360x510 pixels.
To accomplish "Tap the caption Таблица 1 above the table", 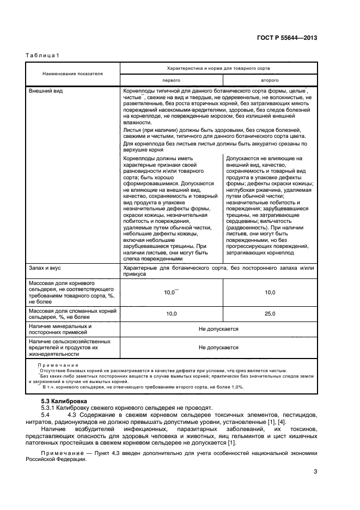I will [42, 55].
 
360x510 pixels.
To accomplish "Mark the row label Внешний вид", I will [45, 90].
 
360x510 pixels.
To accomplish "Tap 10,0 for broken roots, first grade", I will [171, 314].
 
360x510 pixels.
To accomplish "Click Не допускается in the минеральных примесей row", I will [218, 330].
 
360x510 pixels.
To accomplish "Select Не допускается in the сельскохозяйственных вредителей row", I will [218, 347].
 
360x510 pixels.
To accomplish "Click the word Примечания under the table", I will [58, 365].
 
